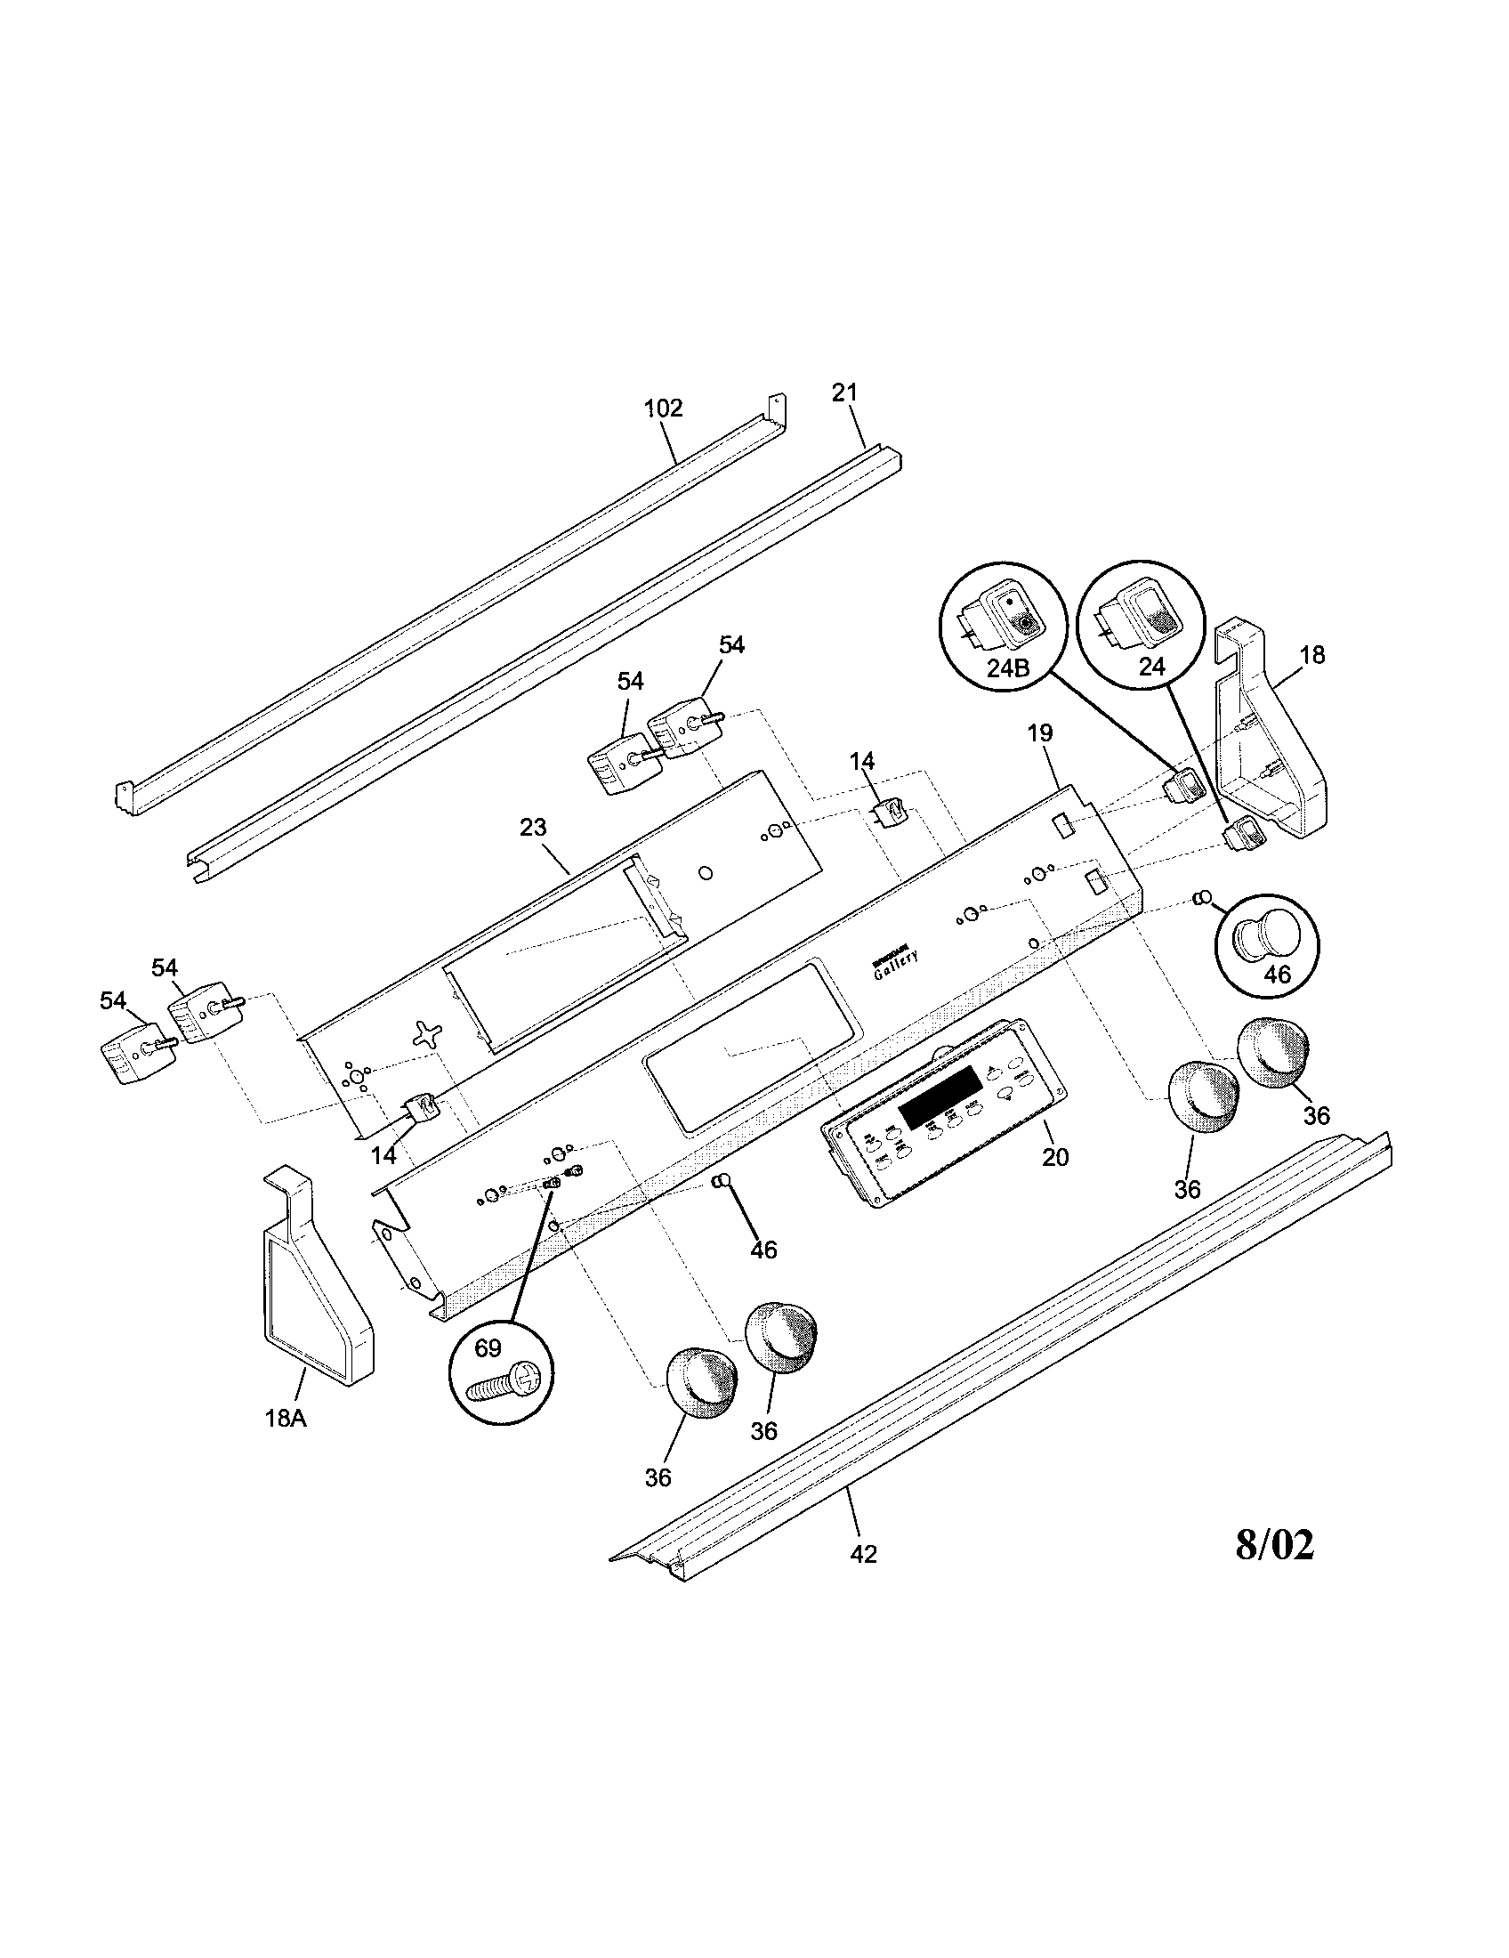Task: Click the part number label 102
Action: tap(663, 409)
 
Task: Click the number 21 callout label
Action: tap(844, 392)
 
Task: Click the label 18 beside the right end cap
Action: tap(1311, 655)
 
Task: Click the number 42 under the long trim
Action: tap(863, 1555)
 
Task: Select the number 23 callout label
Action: tap(533, 828)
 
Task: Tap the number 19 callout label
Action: tap(1039, 733)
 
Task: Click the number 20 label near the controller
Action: tap(1055, 1157)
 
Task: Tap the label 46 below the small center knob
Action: tap(763, 1250)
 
